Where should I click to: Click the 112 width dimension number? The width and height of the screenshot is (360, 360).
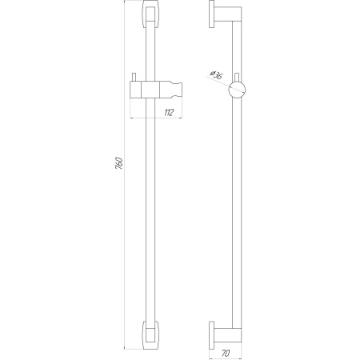pyautogui.click(x=168, y=112)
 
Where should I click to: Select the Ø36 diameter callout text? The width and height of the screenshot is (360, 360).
pyautogui.click(x=215, y=76)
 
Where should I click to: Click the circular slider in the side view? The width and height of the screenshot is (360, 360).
pyautogui.click(x=238, y=89)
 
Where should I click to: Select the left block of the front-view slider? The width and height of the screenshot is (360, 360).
pyautogui.click(x=138, y=88)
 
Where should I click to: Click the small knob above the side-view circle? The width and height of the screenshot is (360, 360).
pyautogui.click(x=238, y=75)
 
